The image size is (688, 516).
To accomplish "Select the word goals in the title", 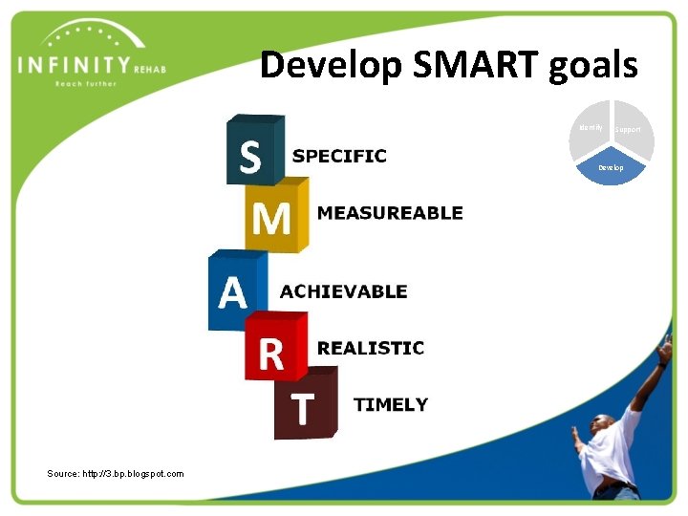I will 593,66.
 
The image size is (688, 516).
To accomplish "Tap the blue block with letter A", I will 235,290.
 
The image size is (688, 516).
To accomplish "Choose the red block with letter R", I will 274,349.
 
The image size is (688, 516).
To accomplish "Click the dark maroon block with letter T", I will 305,405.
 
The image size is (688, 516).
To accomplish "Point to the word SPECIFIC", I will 339,156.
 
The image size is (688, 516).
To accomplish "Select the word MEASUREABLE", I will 390,213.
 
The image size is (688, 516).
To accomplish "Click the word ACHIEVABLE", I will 343,291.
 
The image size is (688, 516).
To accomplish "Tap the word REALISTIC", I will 371,348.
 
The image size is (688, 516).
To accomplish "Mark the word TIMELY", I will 391,404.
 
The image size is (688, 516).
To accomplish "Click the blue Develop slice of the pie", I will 611,169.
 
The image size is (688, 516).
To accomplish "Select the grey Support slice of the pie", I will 632,131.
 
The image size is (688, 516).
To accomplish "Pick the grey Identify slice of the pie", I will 591,129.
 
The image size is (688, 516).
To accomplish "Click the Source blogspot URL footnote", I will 116,473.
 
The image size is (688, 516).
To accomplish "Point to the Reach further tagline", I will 86,84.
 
